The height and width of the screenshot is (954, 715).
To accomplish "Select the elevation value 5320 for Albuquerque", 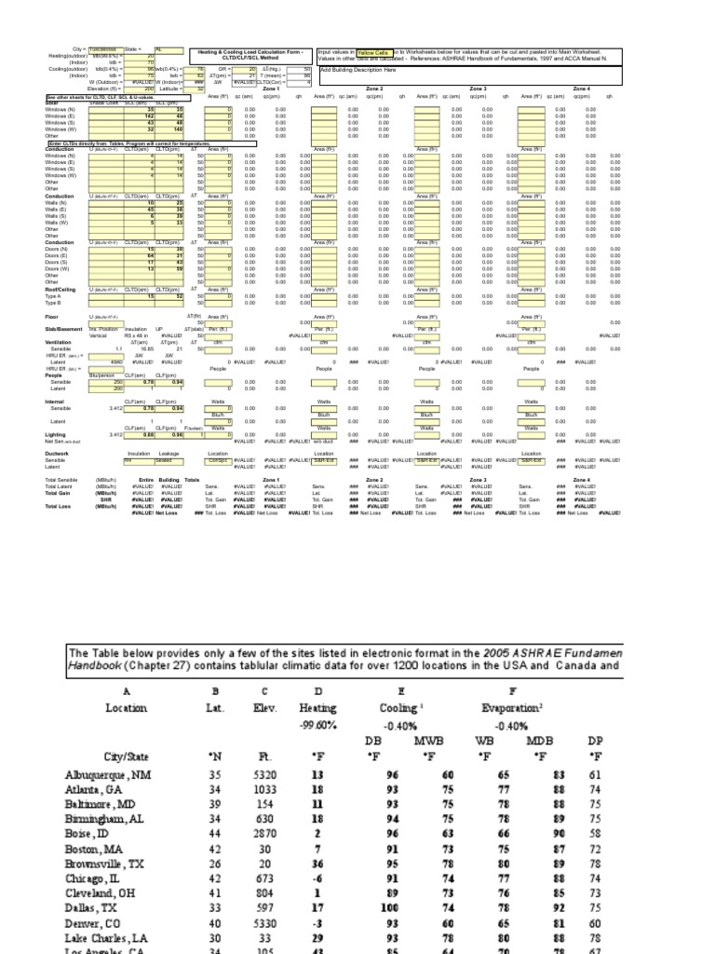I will (x=264, y=774).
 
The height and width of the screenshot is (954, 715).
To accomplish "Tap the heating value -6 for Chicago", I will (x=317, y=877).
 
